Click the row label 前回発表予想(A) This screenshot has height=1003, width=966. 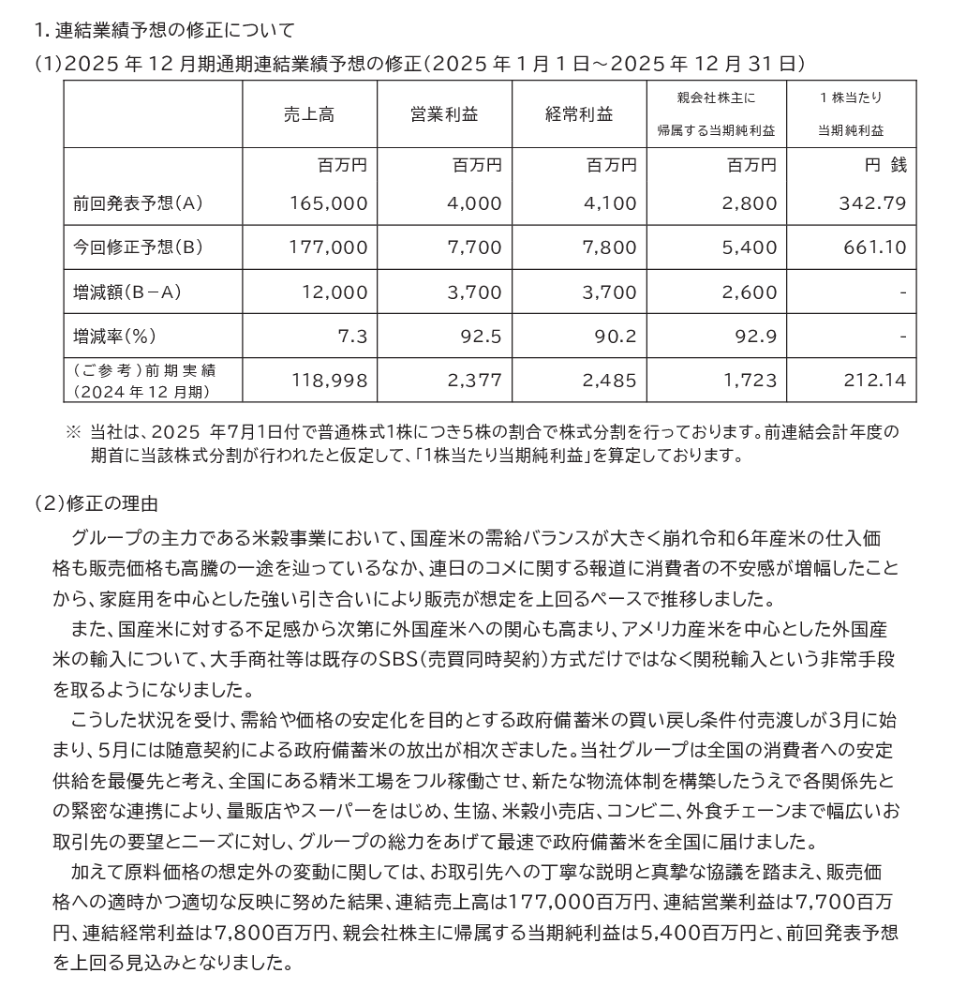(x=138, y=202)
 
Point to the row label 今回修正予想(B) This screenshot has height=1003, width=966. (x=138, y=247)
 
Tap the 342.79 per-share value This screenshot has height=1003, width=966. (x=874, y=202)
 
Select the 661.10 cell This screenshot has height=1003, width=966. (x=874, y=247)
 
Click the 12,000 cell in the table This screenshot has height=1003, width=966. (x=335, y=292)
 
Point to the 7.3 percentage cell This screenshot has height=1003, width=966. (x=354, y=336)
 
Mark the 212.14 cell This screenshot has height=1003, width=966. (x=874, y=381)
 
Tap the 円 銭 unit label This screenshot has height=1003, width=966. (x=884, y=166)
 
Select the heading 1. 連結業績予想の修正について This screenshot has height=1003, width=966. (x=163, y=30)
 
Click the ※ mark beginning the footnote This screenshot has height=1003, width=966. (x=74, y=432)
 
